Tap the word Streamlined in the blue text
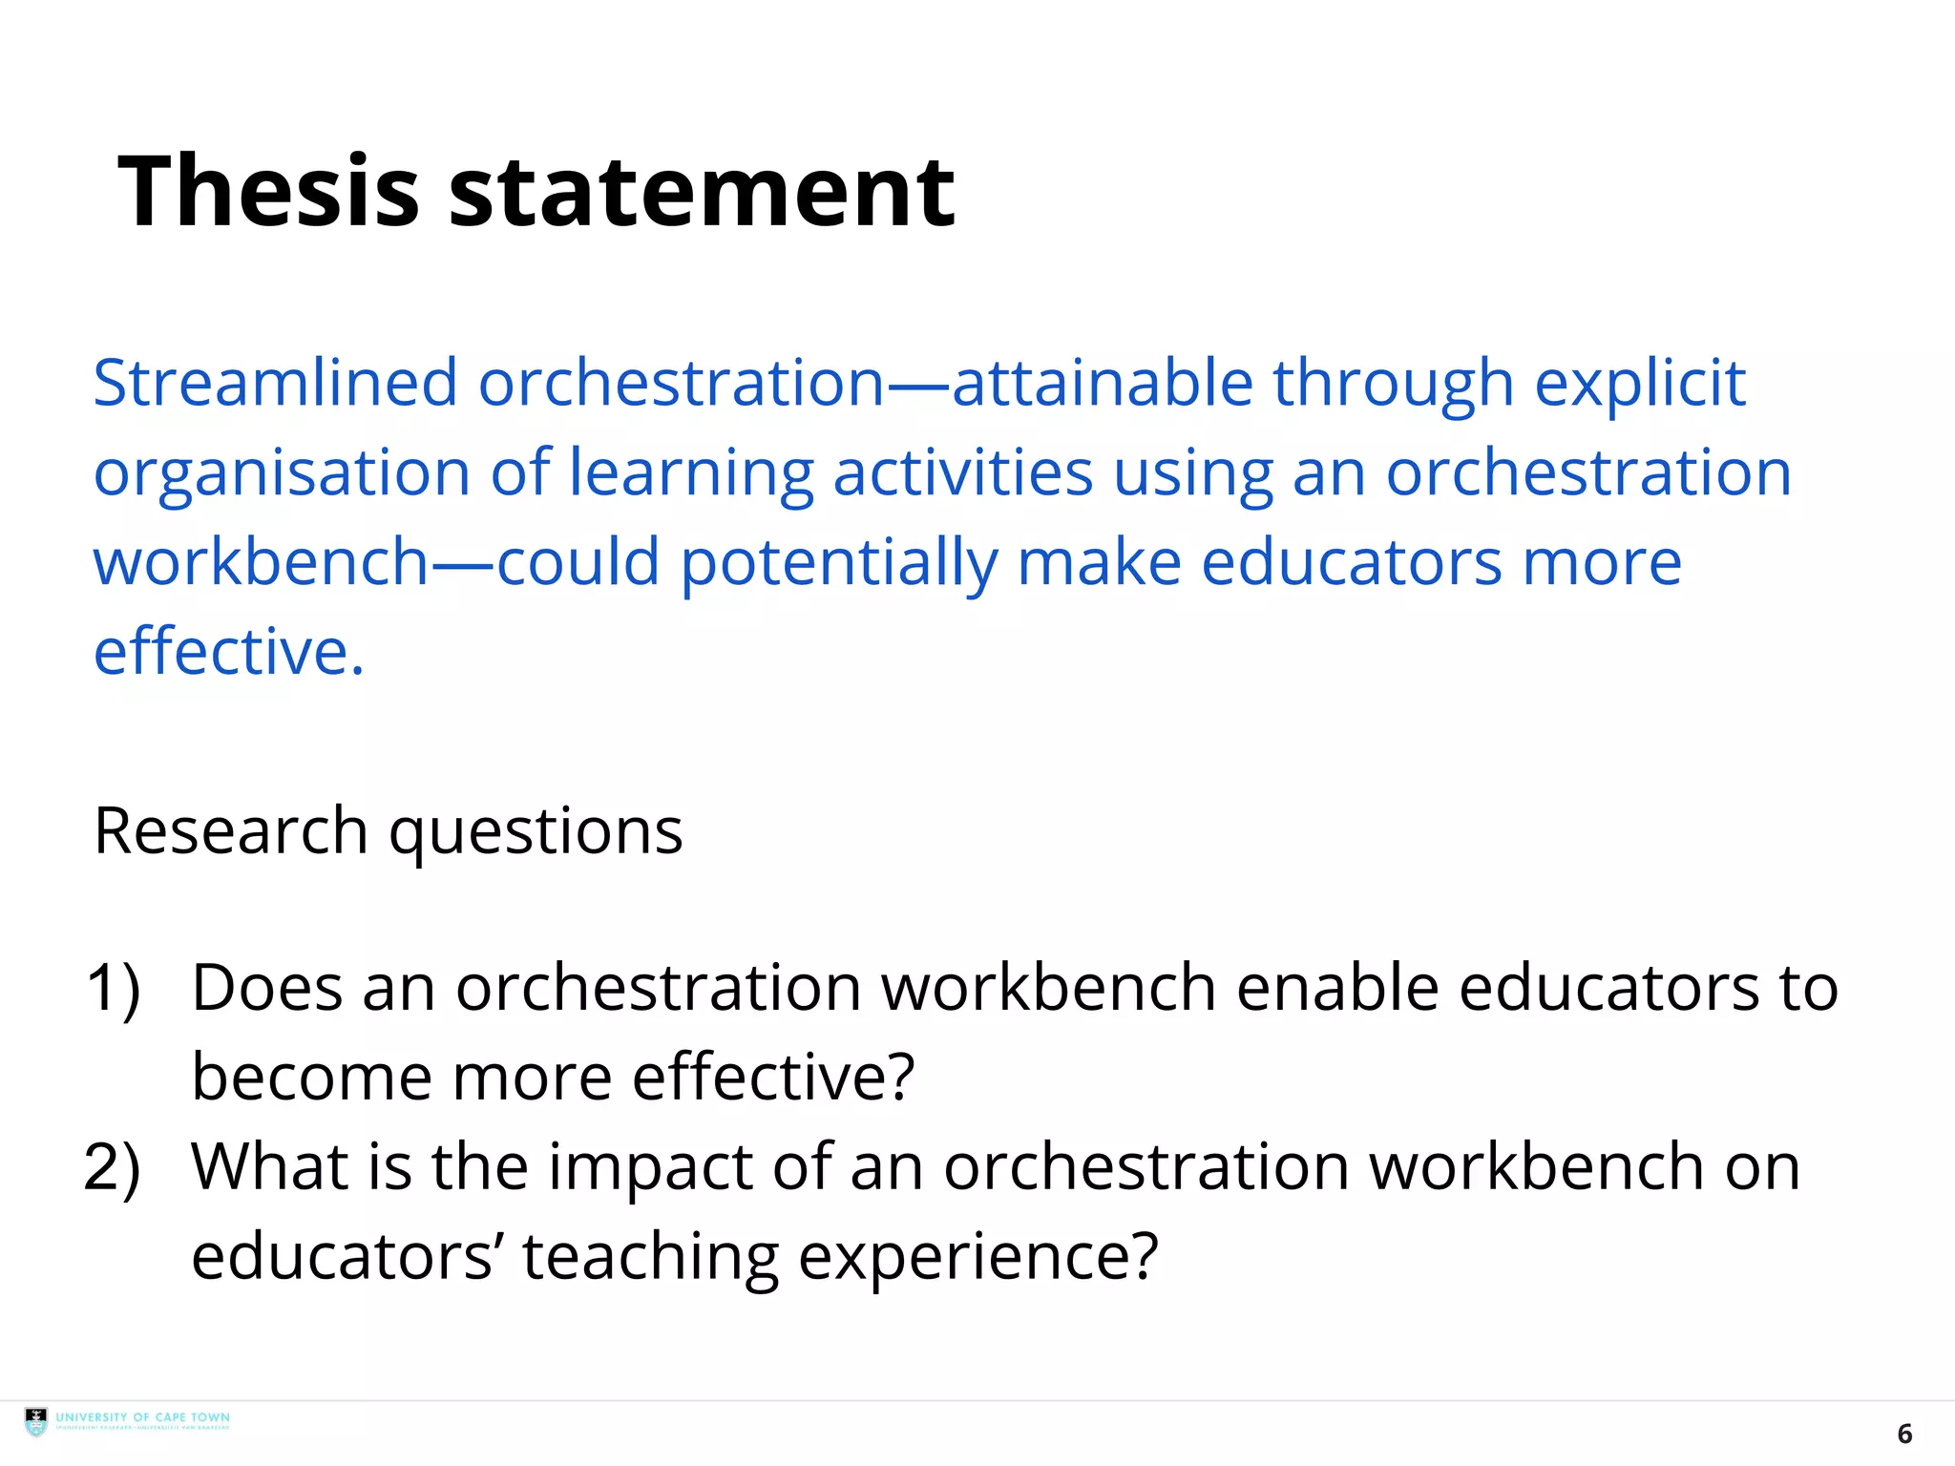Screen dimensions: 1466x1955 point(275,383)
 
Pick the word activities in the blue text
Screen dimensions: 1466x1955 point(962,472)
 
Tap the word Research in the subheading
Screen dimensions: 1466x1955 point(231,830)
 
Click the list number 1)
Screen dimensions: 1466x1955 point(114,988)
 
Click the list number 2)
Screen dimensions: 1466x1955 point(113,1167)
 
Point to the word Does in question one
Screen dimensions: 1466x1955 point(266,987)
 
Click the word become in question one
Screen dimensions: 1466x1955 point(311,1077)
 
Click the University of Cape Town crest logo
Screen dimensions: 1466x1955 point(36,1422)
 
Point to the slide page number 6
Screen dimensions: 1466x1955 point(1904,1434)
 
